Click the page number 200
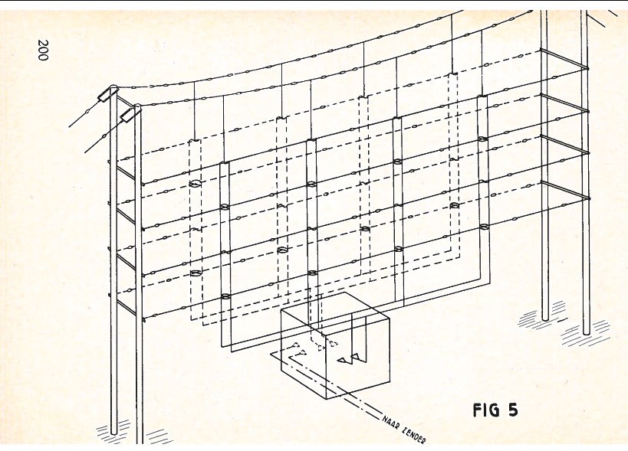(43, 50)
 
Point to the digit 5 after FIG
(513, 410)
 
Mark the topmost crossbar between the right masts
(564, 59)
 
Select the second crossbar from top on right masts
(564, 103)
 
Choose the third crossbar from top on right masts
(564, 145)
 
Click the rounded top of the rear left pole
(113, 87)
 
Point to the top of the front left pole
(137, 106)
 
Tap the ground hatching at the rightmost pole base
(586, 334)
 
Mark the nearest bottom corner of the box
(327, 399)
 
